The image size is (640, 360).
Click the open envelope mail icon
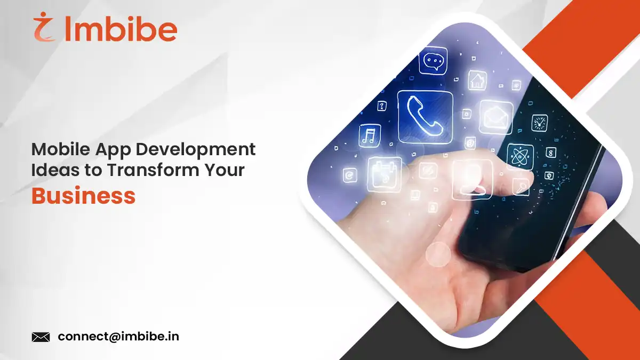point(495,117)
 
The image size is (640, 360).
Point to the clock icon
point(539,123)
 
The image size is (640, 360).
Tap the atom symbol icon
point(519,157)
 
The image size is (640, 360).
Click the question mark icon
point(382,106)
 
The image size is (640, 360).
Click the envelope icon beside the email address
point(41,337)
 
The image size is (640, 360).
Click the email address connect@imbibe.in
point(118,337)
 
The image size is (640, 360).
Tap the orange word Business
point(83,196)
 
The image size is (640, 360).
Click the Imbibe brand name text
point(120,30)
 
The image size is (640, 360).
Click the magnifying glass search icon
point(521,187)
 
